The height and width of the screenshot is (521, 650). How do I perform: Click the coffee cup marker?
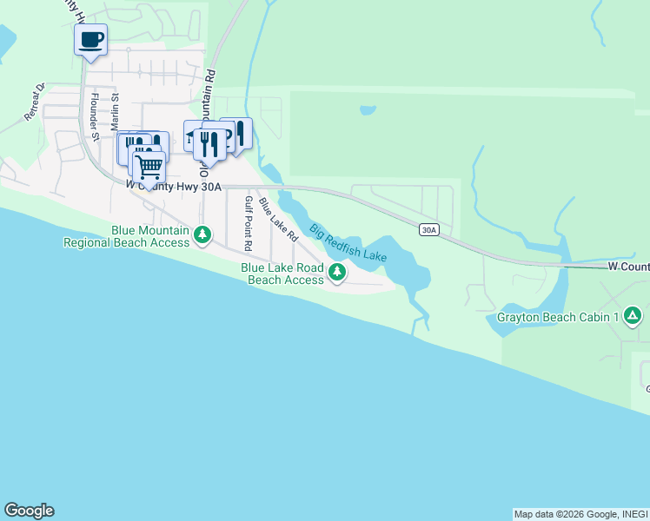click(x=91, y=39)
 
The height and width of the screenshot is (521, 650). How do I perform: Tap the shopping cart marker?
click(x=149, y=165)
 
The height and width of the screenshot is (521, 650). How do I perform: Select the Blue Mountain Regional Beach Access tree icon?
click(x=202, y=234)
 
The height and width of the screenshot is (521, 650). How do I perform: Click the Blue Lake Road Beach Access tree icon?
click(x=337, y=274)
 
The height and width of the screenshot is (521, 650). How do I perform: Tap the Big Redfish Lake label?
click(x=348, y=242)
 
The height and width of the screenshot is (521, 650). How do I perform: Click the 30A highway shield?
click(x=428, y=229)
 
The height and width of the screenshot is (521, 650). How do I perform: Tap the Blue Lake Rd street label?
click(x=278, y=221)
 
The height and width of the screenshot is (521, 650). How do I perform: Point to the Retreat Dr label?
click(x=35, y=102)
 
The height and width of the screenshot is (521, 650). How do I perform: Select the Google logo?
click(x=29, y=511)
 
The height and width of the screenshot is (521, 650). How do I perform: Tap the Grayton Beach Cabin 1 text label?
click(x=558, y=317)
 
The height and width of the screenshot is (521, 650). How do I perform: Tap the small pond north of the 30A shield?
click(x=368, y=111)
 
